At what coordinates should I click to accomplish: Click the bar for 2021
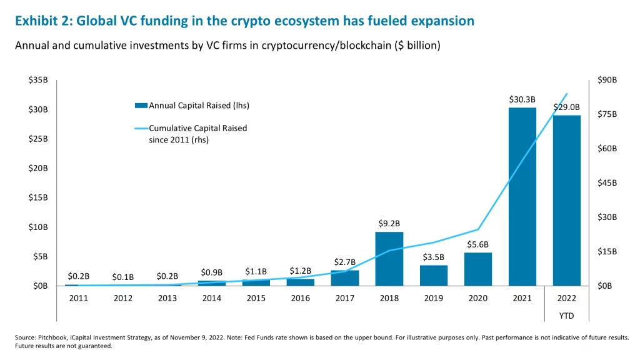522,196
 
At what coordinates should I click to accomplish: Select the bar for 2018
389,259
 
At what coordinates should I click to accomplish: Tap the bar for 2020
477,269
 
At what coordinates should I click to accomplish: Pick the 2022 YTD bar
566,200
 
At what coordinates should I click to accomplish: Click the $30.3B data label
522,99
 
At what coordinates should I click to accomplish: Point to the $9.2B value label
389,223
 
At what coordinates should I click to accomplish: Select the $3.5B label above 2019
433,257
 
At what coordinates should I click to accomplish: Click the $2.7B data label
344,261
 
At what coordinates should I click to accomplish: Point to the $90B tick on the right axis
607,81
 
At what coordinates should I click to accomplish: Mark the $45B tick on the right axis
607,183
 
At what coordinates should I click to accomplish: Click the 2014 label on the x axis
212,298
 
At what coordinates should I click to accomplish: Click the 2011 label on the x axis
79,298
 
